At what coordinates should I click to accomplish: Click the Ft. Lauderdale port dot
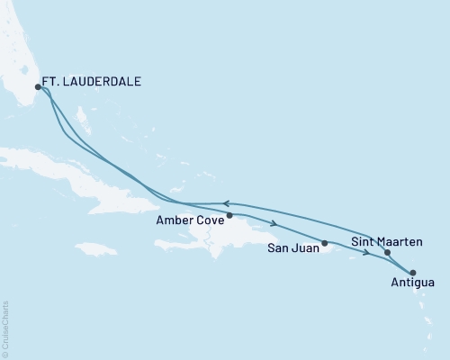point(38,87)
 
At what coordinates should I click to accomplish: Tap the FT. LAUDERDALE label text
point(92,81)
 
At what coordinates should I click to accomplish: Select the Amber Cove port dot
point(229,215)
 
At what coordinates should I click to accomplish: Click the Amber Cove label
point(188,219)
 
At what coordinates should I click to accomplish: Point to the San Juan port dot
point(325,243)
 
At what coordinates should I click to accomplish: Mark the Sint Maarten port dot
point(387,253)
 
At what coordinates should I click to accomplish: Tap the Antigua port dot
point(413,272)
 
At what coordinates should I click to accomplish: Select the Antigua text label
point(411,283)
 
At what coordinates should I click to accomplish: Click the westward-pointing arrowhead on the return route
point(227,203)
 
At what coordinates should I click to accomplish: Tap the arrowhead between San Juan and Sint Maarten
point(366,253)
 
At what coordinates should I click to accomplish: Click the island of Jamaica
point(96,248)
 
